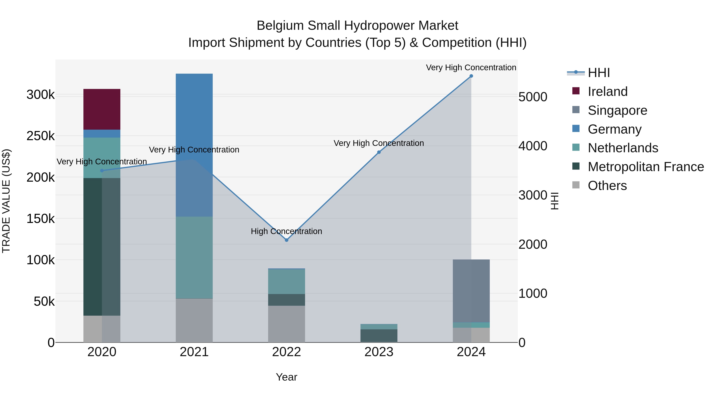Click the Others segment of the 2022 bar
(286, 324)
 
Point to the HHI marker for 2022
(286, 240)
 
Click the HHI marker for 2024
(471, 76)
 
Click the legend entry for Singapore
(617, 110)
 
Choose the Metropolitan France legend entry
(646, 167)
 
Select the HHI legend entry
(599, 73)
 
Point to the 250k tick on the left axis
(41, 136)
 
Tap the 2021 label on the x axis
(194, 352)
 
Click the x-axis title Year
(286, 377)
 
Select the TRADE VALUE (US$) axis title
(6, 201)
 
